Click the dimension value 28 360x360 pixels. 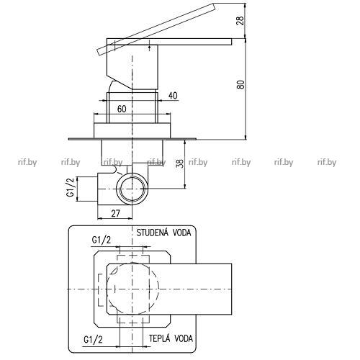pos(240,20)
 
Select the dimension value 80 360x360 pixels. pos(240,84)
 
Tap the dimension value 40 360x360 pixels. pos(173,96)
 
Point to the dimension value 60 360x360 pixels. pos(122,109)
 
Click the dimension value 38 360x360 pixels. pos(181,163)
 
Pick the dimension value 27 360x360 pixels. pos(115,213)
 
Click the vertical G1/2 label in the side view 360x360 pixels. pos(71,188)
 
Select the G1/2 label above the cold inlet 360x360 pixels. pos(102,240)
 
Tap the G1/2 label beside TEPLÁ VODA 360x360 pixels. pos(93,340)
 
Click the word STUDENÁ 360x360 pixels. pos(153,233)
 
